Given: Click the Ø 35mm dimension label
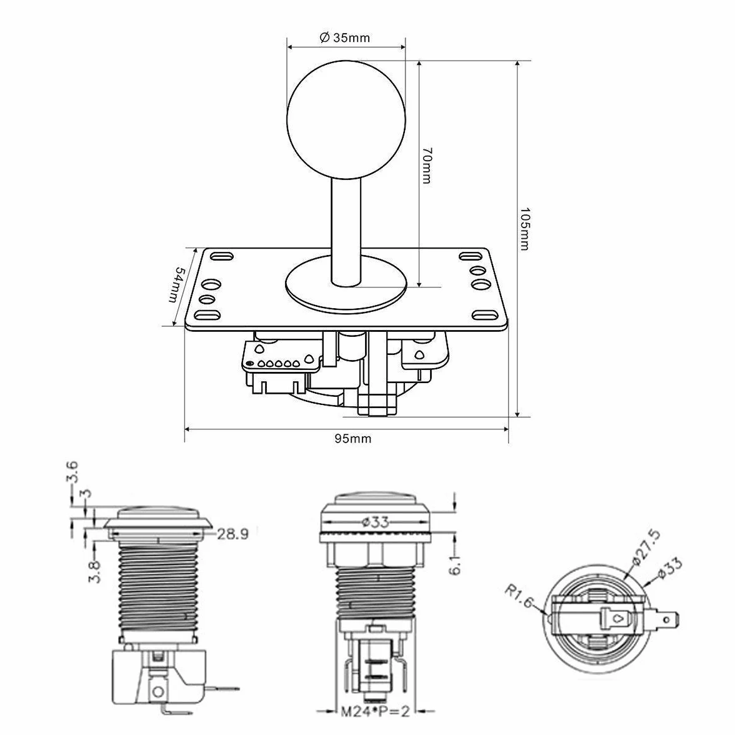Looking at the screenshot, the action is [344, 37].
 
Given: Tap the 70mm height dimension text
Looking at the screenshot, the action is [427, 166].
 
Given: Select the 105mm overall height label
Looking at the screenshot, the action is [524, 229].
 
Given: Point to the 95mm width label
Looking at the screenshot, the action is [353, 439].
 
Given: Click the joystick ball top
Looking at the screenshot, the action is [346, 119].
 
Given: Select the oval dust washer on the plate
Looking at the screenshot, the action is [346, 284].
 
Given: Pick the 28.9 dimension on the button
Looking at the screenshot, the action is [232, 534].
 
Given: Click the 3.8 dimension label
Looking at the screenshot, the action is [95, 571].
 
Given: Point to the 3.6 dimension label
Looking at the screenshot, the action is [72, 472].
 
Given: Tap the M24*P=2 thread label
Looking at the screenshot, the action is [375, 711].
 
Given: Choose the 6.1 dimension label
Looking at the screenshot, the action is [455, 563].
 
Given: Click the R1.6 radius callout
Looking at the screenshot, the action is [519, 595].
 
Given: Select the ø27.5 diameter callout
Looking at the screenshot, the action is [646, 546].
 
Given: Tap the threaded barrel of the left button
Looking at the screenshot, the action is [158, 589].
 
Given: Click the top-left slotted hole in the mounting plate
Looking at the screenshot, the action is [221, 256].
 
